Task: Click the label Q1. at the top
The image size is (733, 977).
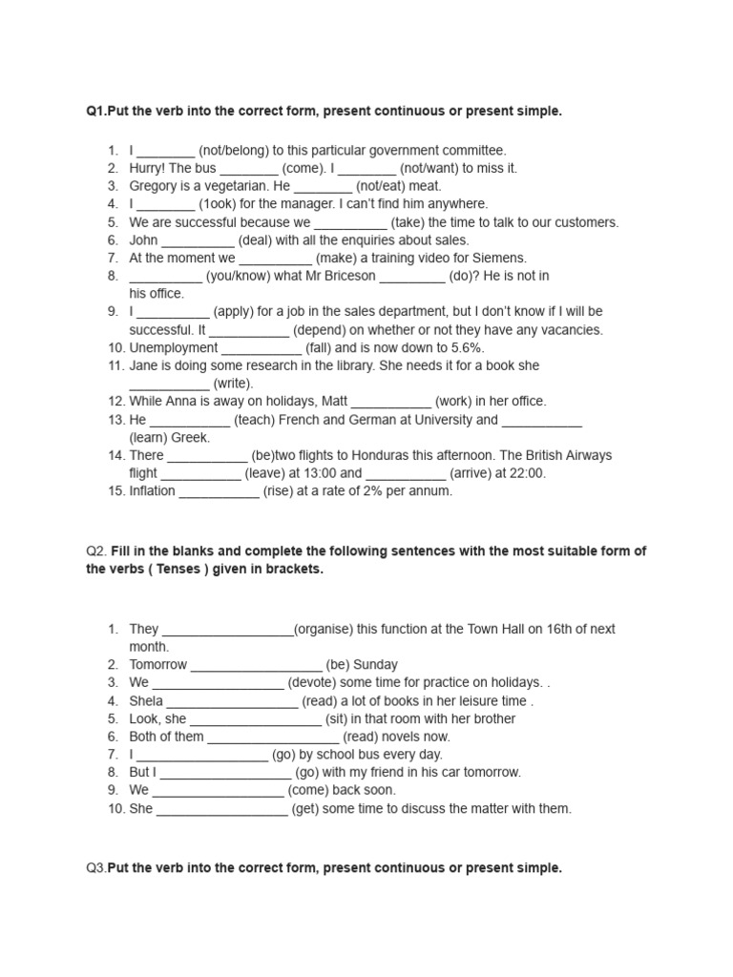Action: pyautogui.click(x=95, y=112)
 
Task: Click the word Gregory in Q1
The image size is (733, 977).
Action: pyautogui.click(x=155, y=186)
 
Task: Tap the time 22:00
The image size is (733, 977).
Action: pyautogui.click(x=525, y=473)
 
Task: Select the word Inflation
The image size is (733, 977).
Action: pyautogui.click(x=153, y=491)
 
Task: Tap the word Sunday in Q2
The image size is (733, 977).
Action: pyautogui.click(x=375, y=665)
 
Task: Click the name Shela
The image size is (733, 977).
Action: pyautogui.click(x=146, y=701)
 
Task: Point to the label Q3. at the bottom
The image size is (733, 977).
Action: pyautogui.click(x=95, y=868)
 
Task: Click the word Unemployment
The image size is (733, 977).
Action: pyautogui.click(x=174, y=347)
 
